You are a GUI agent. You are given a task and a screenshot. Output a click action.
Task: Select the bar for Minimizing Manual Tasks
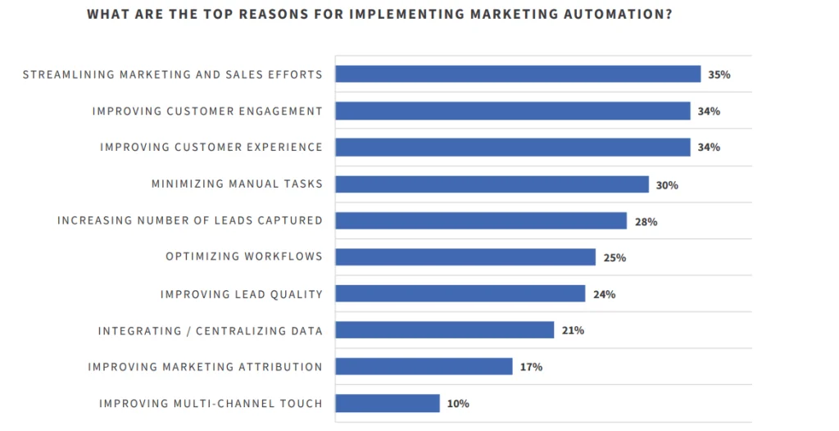coord(492,184)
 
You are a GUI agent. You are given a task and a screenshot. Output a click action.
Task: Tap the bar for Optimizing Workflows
coord(465,257)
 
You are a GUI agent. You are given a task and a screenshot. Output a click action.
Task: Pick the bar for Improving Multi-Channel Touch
coord(388,403)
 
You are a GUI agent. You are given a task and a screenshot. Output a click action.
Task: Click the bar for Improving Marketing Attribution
coord(424,366)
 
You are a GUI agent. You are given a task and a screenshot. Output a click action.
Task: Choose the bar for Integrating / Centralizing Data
coord(445,330)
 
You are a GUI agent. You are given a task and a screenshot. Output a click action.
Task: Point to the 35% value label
coord(719,75)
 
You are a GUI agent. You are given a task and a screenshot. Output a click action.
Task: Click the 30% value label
coord(667,185)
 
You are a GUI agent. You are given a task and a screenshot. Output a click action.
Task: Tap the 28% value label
coord(646,221)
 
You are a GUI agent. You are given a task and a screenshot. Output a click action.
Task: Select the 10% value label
coord(458,403)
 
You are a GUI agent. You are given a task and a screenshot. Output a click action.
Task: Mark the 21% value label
coord(573,330)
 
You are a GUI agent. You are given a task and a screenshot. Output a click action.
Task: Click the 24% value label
coord(604,294)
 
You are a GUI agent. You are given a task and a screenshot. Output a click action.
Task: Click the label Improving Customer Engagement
coord(207,111)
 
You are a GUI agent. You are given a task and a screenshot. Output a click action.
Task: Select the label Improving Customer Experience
coord(211,147)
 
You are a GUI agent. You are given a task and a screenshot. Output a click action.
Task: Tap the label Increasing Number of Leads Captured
coord(190,220)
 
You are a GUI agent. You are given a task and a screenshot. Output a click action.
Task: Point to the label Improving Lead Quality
coord(242,294)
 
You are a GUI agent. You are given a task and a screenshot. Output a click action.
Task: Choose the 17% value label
coord(531,366)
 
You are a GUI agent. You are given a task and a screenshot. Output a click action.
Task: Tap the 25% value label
coord(615,257)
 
